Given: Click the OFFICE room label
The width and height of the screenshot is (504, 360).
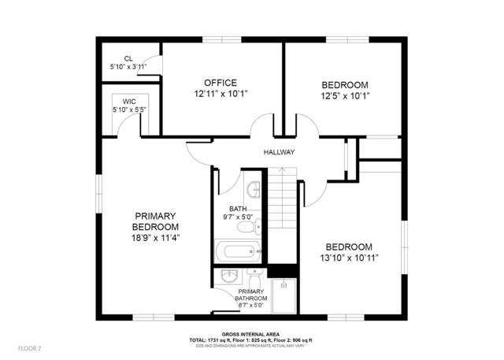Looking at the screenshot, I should (220, 84).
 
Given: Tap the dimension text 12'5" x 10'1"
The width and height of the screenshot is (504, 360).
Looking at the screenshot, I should (345, 96).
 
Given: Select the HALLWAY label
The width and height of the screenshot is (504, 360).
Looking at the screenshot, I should (279, 153).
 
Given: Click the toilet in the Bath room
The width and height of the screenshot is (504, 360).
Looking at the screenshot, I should (248, 228).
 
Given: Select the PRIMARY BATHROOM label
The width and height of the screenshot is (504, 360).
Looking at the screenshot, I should (252, 295).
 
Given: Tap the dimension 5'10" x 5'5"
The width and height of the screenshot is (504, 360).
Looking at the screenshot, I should (128, 109).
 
